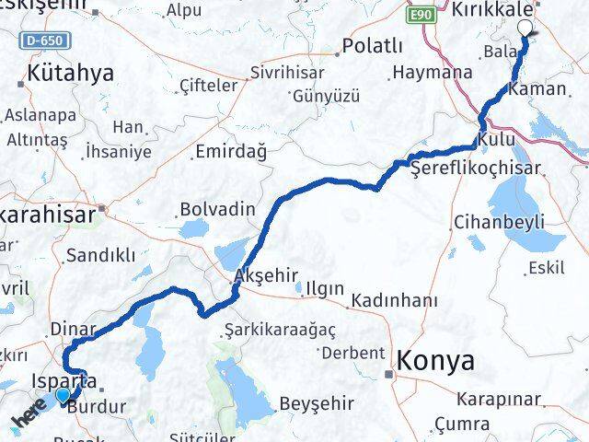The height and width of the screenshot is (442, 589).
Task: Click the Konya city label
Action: (436, 361)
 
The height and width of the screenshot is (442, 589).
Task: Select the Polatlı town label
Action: (372, 46)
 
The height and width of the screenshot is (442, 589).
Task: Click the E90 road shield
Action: (422, 16)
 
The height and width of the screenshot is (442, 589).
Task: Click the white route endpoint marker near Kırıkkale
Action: (525, 28)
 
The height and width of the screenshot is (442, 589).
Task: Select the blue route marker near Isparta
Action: (62, 396)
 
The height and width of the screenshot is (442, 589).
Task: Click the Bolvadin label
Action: (217, 209)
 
